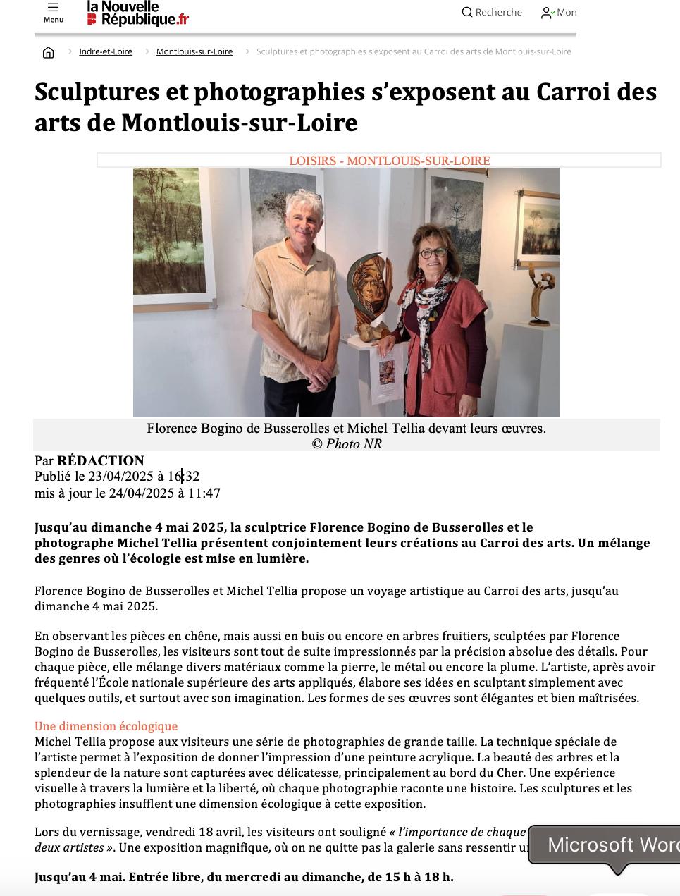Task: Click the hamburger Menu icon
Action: [53, 8]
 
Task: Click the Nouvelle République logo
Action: [137, 13]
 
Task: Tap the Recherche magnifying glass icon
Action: [466, 12]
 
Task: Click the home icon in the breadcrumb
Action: [48, 52]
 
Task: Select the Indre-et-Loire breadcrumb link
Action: [106, 51]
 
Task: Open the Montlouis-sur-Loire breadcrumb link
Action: [194, 51]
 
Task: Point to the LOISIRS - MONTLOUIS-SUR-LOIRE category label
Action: [389, 161]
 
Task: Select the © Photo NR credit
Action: [346, 443]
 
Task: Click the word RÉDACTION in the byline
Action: [101, 461]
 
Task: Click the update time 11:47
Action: [204, 493]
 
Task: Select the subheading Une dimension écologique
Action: [106, 726]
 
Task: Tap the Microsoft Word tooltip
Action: [606, 845]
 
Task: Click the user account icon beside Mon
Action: [546, 13]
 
